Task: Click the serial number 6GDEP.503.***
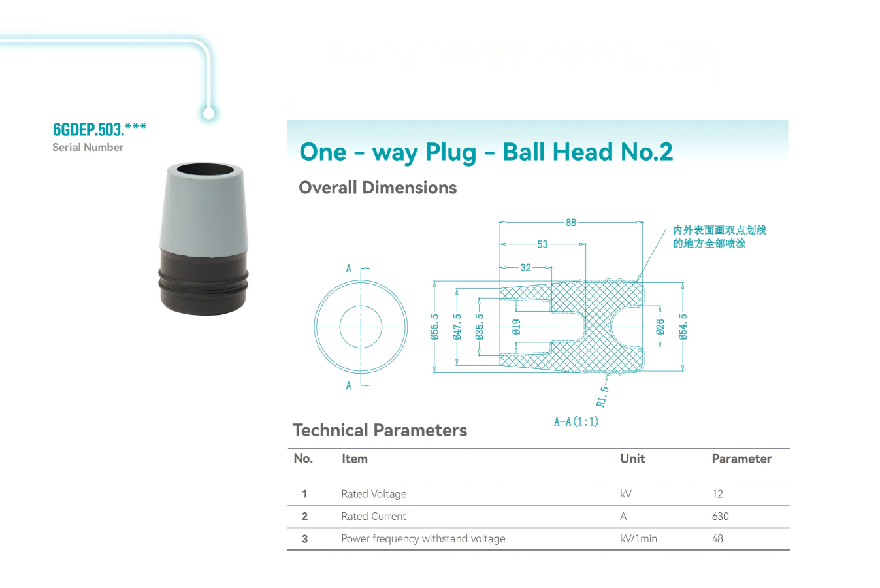[x=99, y=129]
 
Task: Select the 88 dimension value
[x=571, y=223]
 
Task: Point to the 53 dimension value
[x=542, y=244]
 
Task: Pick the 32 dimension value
[x=525, y=268]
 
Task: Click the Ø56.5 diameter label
[x=434, y=327]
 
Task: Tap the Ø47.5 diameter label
[x=457, y=327]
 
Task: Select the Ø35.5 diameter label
[x=480, y=327]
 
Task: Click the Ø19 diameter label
[x=517, y=327]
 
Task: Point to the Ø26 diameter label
[x=660, y=327]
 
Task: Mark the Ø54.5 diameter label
[x=683, y=327]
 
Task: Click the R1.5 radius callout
[x=602, y=397]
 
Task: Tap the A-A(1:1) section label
[x=576, y=422]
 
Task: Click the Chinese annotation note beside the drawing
[x=719, y=237]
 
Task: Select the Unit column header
[x=632, y=459]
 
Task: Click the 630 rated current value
[x=720, y=516]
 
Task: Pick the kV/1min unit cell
[x=638, y=538]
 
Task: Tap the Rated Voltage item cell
[x=374, y=494]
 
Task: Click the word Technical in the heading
[x=331, y=430]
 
